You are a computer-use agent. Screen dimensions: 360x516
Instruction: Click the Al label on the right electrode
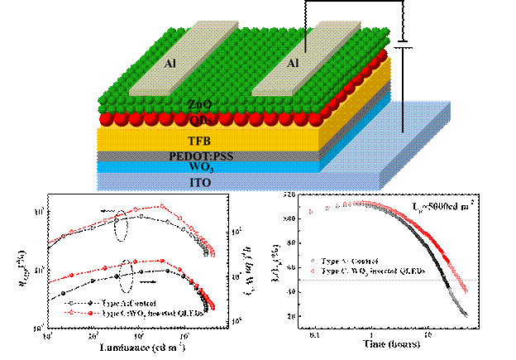(x=292, y=63)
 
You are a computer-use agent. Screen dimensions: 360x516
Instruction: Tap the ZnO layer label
(x=199, y=104)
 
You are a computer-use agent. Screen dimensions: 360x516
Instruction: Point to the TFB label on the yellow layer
(x=199, y=142)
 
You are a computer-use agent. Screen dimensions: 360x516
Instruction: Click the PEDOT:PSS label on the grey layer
(x=199, y=156)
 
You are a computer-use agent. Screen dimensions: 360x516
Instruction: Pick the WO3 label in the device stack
(x=199, y=168)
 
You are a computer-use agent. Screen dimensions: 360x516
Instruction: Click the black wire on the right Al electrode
(x=306, y=39)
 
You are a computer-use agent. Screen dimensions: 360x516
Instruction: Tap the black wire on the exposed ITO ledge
(x=404, y=117)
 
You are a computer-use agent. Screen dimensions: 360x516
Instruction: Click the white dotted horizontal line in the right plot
(x=372, y=280)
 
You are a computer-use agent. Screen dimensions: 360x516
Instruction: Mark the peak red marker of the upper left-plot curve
(x=162, y=205)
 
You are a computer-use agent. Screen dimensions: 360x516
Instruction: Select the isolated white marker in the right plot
(x=313, y=261)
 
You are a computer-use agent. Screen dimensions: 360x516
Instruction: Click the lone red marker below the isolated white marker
(x=313, y=271)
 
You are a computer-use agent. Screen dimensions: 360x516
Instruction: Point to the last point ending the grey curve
(x=467, y=315)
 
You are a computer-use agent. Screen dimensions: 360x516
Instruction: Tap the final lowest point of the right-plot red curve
(x=466, y=290)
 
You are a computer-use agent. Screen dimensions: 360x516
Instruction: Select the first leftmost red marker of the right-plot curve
(x=311, y=212)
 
